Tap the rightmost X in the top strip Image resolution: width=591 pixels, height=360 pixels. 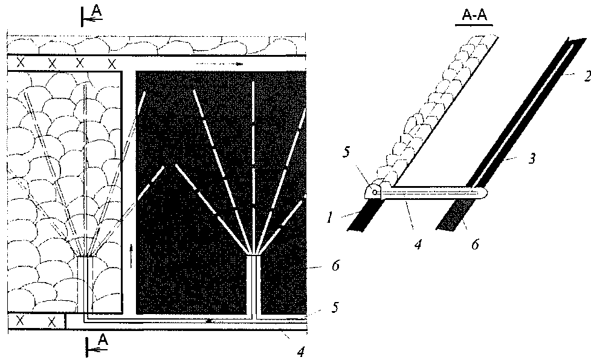[111, 63]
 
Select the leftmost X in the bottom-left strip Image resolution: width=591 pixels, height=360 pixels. [20, 321]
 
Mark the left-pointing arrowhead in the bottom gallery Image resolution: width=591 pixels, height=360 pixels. [210, 321]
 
